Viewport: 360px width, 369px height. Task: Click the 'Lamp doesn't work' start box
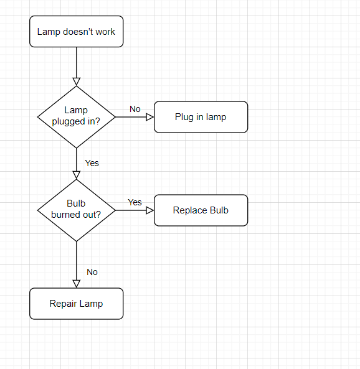pos(77,32)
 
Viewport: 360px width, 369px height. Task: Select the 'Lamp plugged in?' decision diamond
pos(77,117)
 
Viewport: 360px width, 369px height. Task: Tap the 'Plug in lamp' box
pos(201,117)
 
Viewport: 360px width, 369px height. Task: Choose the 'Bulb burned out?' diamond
pos(77,210)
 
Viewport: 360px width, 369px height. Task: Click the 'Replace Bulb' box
pos(201,210)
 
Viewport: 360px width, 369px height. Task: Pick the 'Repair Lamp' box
pos(77,304)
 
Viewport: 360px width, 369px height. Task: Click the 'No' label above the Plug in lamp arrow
pos(135,109)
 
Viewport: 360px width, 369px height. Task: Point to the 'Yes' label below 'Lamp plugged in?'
pos(92,163)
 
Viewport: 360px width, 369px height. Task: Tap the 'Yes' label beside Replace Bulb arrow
pos(135,202)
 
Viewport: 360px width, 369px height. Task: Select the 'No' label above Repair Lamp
pos(92,272)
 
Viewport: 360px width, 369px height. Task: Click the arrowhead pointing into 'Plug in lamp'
pos(150,117)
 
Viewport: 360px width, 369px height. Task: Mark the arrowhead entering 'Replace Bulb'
pos(150,210)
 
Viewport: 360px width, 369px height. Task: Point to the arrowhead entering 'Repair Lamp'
pos(77,284)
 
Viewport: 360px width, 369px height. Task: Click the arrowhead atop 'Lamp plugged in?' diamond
pos(77,82)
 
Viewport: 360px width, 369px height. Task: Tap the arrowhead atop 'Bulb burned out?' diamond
pos(77,175)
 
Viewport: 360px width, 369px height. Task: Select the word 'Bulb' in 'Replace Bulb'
pos(219,210)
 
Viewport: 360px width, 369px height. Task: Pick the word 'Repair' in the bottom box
pos(62,304)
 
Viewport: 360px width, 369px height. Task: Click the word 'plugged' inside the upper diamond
pos(69,121)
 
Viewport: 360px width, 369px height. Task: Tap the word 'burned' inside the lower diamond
pos(66,215)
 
